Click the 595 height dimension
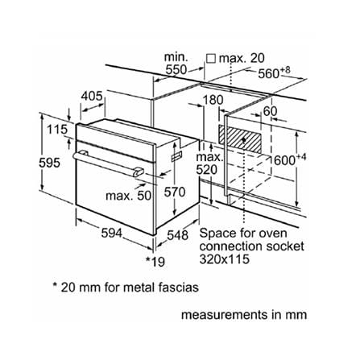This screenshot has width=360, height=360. pyautogui.click(x=49, y=163)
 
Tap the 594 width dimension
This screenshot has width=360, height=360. pyautogui.click(x=111, y=233)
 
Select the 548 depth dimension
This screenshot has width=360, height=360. pyautogui.click(x=177, y=235)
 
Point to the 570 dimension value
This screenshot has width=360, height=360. pyautogui.click(x=175, y=192)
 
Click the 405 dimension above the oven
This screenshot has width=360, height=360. pyautogui.click(x=92, y=96)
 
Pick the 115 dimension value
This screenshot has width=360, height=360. pyautogui.click(x=57, y=130)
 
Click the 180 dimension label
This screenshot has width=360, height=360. pyautogui.click(x=213, y=100)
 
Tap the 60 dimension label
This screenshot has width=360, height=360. pyautogui.click(x=270, y=111)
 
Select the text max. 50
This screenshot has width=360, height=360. pyautogui.click(x=129, y=196)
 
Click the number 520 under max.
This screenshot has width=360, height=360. pyautogui.click(x=206, y=170)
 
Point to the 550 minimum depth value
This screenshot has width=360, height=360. pyautogui.click(x=176, y=70)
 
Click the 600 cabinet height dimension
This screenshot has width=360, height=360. pyautogui.click(x=290, y=159)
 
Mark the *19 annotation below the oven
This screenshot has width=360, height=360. pyautogui.click(x=155, y=261)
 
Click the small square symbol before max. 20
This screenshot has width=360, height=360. pyautogui.click(x=212, y=59)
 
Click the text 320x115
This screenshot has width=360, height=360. pyautogui.click(x=224, y=259)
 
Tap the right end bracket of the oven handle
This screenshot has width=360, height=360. pyautogui.click(x=139, y=172)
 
